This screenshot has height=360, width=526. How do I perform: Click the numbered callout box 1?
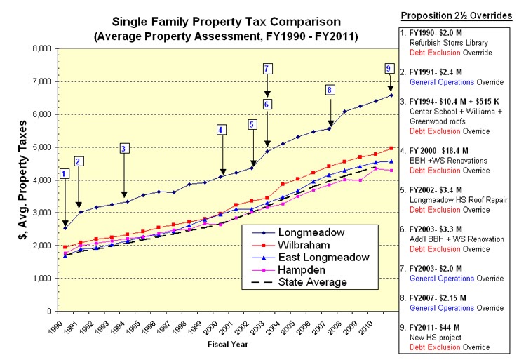click(x=65, y=174)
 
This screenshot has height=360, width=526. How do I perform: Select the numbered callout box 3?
click(x=123, y=148)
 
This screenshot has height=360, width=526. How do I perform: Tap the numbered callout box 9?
click(x=389, y=68)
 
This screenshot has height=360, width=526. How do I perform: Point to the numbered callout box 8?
click(x=330, y=90)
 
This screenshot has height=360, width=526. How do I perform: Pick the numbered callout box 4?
click(x=221, y=129)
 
